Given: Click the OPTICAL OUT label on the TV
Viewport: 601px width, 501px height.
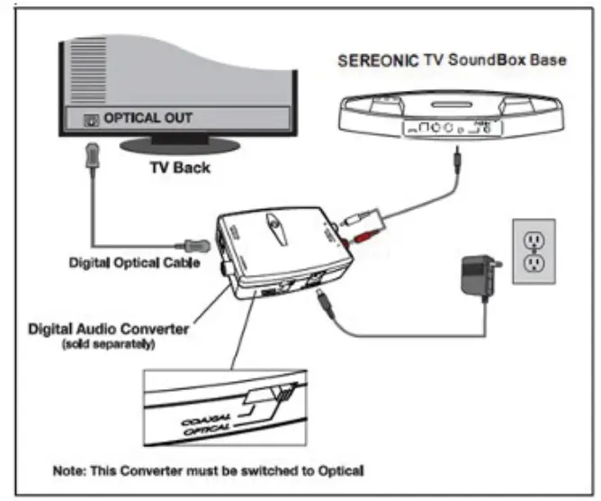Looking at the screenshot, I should (x=148, y=118).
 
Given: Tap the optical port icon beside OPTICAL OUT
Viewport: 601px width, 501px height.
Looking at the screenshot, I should (x=89, y=119).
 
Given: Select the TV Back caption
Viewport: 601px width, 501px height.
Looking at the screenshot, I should (x=179, y=168).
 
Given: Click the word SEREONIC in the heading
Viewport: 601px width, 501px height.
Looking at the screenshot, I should (x=373, y=60).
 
